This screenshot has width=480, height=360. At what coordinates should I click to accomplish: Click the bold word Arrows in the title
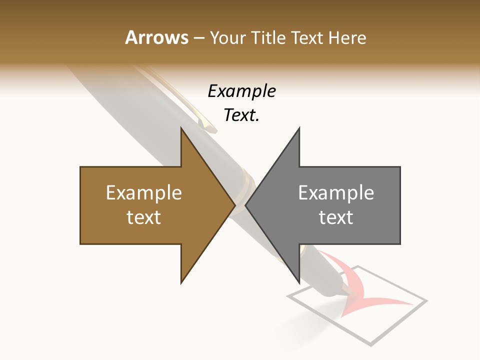pos(157,37)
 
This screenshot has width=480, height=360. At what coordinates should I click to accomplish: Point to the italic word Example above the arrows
pos(241,91)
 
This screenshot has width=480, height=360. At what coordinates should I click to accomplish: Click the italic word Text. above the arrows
pos(241,115)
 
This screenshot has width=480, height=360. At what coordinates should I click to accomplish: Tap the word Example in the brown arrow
pos(144,193)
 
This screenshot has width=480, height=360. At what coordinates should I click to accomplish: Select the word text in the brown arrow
pos(144,217)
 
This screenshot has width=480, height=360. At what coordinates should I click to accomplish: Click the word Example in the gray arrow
pos(336,193)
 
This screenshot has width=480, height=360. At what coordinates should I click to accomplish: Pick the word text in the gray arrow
pos(336,217)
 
